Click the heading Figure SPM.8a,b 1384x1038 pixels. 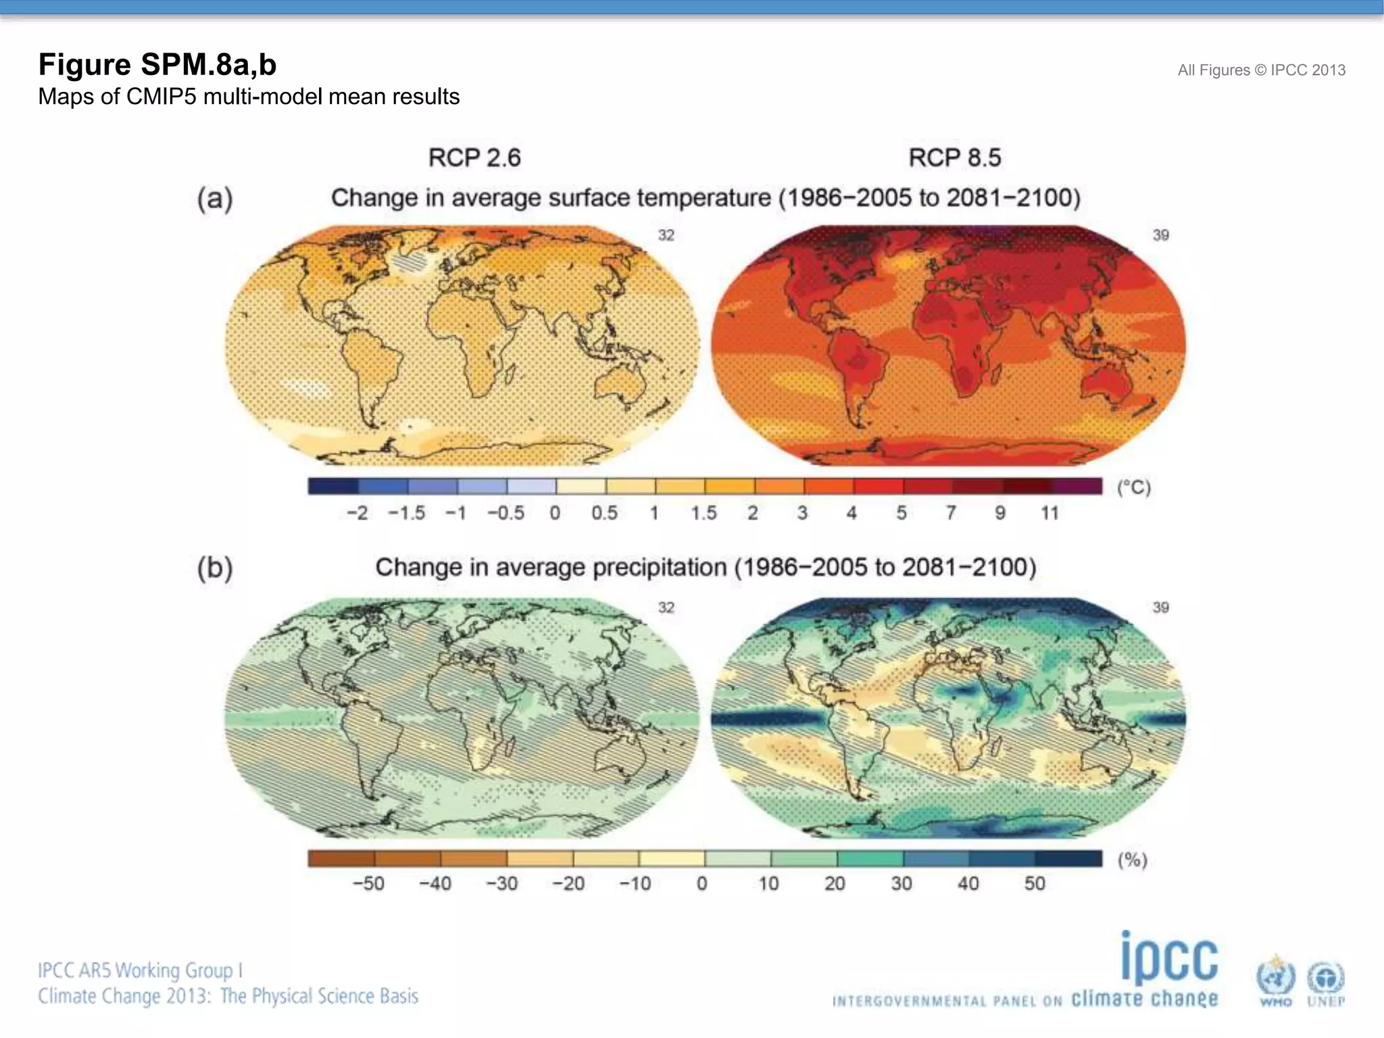click(x=157, y=65)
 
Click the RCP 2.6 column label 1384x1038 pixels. click(x=474, y=157)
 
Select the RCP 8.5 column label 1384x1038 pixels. click(x=954, y=157)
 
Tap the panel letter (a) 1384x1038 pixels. click(x=215, y=199)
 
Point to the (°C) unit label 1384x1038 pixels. click(x=1133, y=487)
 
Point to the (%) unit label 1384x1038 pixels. click(x=1132, y=860)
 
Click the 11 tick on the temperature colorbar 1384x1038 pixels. click(x=1049, y=513)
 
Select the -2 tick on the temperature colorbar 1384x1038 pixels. click(x=357, y=513)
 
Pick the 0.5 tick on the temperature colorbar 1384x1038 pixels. click(x=604, y=513)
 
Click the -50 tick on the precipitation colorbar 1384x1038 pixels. click(x=368, y=883)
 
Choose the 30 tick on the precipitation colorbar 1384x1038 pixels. click(x=901, y=883)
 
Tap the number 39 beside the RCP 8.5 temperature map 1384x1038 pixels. click(x=1160, y=235)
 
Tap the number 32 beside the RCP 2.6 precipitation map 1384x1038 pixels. click(x=666, y=607)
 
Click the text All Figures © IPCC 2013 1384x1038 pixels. click(x=1261, y=70)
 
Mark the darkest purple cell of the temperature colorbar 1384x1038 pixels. click(x=1077, y=486)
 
